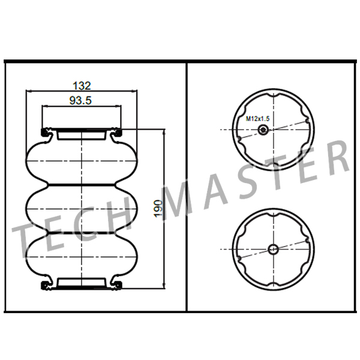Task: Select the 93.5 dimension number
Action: coord(80,101)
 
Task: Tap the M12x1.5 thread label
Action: coord(257,119)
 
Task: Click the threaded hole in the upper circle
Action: coord(262,130)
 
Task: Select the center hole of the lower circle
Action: coord(272,249)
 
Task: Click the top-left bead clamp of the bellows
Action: coord(45,132)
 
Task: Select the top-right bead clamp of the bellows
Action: coord(118,132)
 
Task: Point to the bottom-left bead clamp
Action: coord(45,284)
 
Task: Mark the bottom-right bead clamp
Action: coord(118,284)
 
